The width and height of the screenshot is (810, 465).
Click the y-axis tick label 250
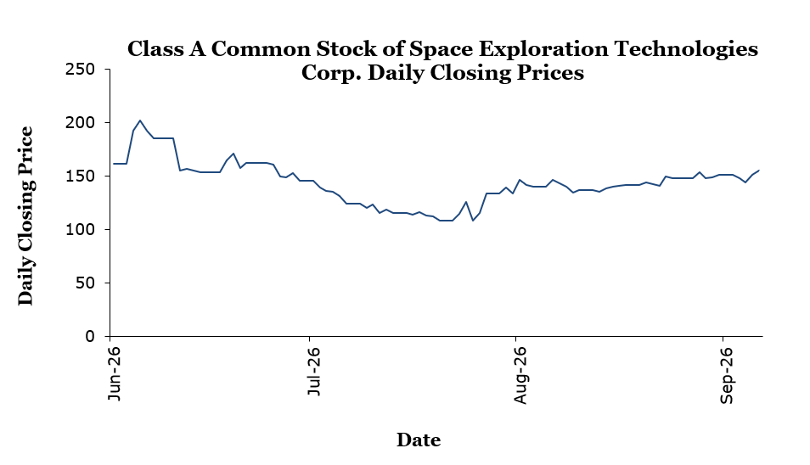coord(80,70)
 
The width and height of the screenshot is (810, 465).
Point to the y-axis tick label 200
coord(80,123)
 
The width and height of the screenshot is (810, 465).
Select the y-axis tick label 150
coord(80,176)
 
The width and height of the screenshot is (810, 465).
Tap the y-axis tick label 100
coord(80,230)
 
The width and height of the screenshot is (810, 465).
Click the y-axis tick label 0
coord(90,337)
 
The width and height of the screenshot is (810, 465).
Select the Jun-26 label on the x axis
coord(114,373)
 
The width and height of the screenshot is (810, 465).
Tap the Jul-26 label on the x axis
coord(313,372)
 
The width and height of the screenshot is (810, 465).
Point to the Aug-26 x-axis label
coord(520,375)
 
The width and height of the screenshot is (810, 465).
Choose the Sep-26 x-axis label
coord(726,375)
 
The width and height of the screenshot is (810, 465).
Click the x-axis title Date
coord(419,440)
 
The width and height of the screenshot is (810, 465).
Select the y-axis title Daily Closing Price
coord(25,216)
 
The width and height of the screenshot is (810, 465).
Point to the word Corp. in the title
coord(330,73)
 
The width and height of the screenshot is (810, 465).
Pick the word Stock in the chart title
coord(346,49)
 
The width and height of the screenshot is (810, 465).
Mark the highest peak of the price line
coord(140,120)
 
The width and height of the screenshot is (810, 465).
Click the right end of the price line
coord(759,170)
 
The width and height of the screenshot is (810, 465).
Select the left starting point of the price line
coord(113,164)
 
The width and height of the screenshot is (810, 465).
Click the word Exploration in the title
coord(543,49)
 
